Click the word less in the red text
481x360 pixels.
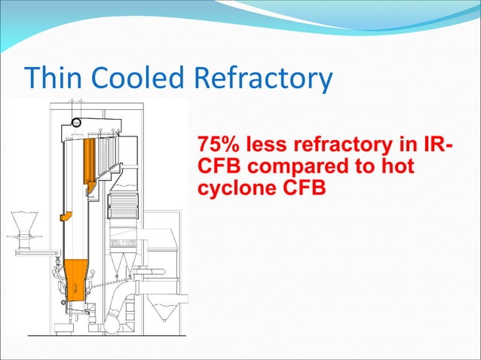[270, 143]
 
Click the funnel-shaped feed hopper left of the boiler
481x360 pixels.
[23, 224]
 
